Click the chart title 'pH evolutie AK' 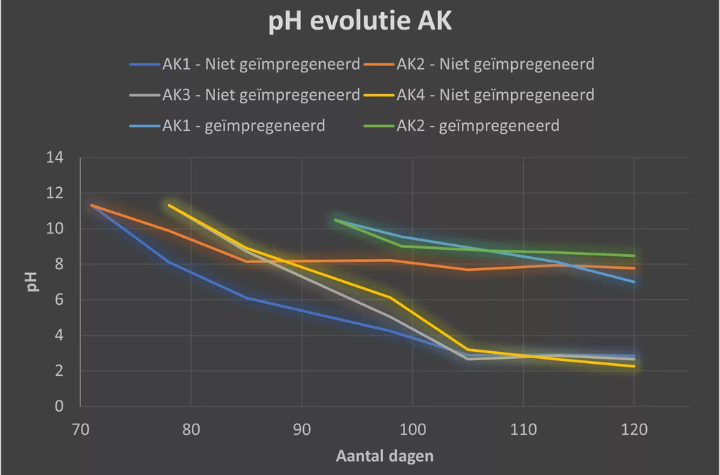[360, 22]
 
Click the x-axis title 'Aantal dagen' [385, 456]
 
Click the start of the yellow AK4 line [169, 205]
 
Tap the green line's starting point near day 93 [335, 220]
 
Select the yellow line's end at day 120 [634, 366]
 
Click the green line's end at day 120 [634, 255]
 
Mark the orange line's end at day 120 [634, 268]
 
